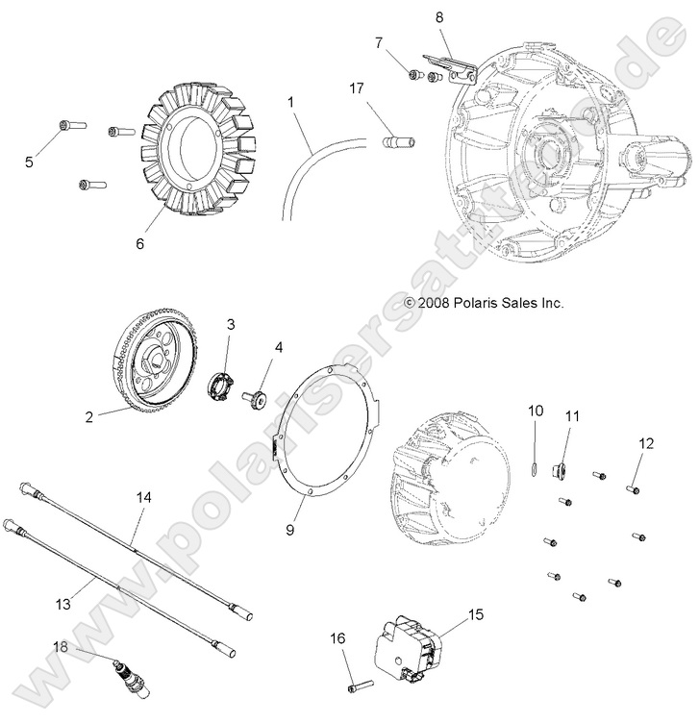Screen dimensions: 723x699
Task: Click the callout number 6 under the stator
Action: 139,244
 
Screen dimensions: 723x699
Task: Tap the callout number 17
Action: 357,88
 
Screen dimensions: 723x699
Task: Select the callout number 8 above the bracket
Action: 439,16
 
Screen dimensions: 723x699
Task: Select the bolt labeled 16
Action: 359,685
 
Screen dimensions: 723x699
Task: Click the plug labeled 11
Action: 561,470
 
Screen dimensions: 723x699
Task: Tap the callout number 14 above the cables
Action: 144,497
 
